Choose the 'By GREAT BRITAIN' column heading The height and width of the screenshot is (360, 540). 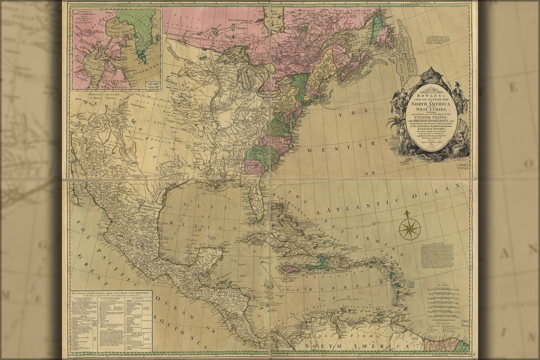click(x=81, y=298)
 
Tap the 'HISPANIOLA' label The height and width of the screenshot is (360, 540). click(x=316, y=273)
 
